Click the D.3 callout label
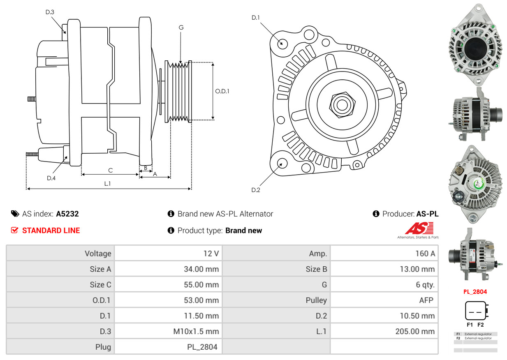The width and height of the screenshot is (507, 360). click(x=50, y=12)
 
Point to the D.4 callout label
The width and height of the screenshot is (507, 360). click(x=51, y=178)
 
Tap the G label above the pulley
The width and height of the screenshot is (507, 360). click(x=181, y=28)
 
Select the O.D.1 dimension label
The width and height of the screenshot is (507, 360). click(x=222, y=91)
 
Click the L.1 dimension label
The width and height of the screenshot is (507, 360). click(x=107, y=184)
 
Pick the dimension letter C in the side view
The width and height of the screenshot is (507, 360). click(x=110, y=170)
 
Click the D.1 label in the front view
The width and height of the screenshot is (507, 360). click(x=256, y=17)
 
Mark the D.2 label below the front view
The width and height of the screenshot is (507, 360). click(x=256, y=190)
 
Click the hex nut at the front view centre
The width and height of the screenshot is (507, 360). click(x=340, y=104)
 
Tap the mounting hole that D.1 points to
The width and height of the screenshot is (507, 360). click(x=282, y=43)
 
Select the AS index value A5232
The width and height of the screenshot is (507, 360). click(x=67, y=214)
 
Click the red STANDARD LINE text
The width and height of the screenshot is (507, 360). click(x=51, y=231)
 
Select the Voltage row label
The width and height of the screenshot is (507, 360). click(x=98, y=254)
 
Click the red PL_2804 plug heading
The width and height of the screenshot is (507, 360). click(x=475, y=292)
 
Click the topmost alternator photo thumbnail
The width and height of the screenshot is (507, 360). click(x=475, y=44)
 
